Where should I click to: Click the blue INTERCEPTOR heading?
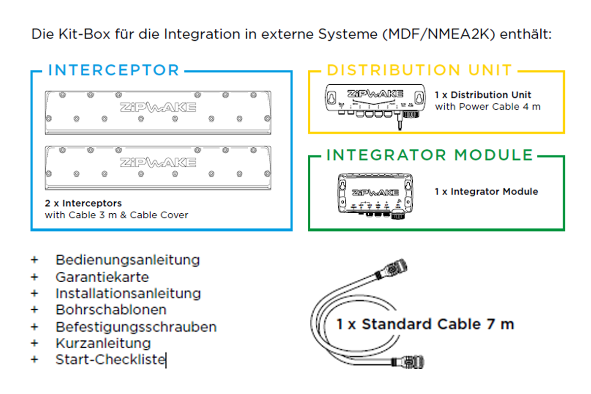[x=114, y=70]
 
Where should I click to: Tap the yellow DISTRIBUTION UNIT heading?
[x=420, y=70]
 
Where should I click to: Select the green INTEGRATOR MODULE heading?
[x=430, y=155]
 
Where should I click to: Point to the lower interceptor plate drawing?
[x=158, y=167]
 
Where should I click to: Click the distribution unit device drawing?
[x=375, y=104]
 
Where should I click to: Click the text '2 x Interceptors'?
[x=83, y=203]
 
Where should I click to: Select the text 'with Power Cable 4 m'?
[x=488, y=106]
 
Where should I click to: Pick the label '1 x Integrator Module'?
[x=486, y=191]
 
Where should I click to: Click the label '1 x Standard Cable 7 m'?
[x=425, y=324]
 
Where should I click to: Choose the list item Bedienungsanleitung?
[x=128, y=260]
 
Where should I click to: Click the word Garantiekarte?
[x=102, y=277]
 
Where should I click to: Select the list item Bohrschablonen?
[x=111, y=309]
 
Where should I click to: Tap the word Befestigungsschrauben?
[x=136, y=327]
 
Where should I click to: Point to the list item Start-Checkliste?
[x=110, y=360]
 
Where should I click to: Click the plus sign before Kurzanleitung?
[x=34, y=343]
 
